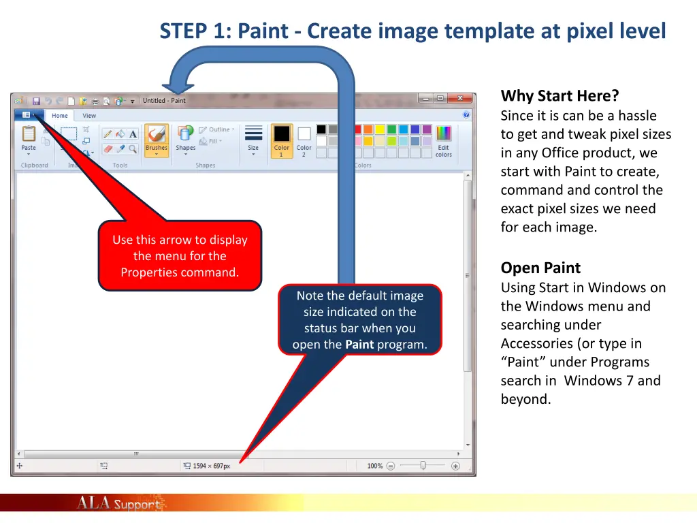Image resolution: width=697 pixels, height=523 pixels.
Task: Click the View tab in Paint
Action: pyautogui.click(x=89, y=116)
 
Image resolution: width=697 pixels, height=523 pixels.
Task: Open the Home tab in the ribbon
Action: pyautogui.click(x=60, y=116)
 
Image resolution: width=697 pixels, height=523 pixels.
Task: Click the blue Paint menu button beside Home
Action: pyautogui.click(x=29, y=115)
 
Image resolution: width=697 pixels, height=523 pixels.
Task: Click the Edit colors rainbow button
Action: pyautogui.click(x=444, y=140)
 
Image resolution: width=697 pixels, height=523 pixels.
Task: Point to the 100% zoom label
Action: pyautogui.click(x=374, y=466)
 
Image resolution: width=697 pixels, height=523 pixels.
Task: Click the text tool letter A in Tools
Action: pyautogui.click(x=133, y=134)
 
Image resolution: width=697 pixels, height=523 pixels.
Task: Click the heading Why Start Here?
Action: pyautogui.click(x=560, y=96)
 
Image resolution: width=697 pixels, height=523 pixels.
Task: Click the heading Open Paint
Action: pyautogui.click(x=540, y=268)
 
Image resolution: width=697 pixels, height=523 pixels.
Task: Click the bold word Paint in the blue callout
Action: pyautogui.click(x=359, y=345)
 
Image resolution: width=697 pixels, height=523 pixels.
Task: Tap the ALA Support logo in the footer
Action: pyautogui.click(x=119, y=504)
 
